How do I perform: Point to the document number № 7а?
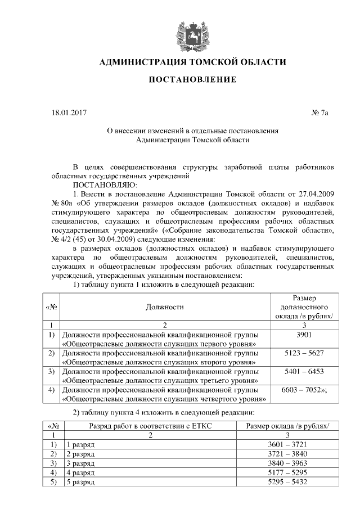pos(319,113)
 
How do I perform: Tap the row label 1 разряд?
pos(80,444)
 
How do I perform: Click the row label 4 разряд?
pos(80,473)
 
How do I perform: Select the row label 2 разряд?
pos(80,454)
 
